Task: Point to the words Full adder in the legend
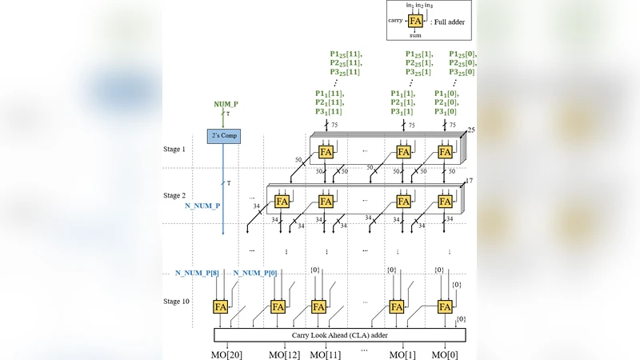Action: [450, 23]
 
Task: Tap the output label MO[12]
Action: [283, 354]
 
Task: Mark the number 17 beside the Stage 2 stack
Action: [470, 182]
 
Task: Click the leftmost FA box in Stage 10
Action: [222, 306]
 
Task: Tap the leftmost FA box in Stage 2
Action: [282, 201]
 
